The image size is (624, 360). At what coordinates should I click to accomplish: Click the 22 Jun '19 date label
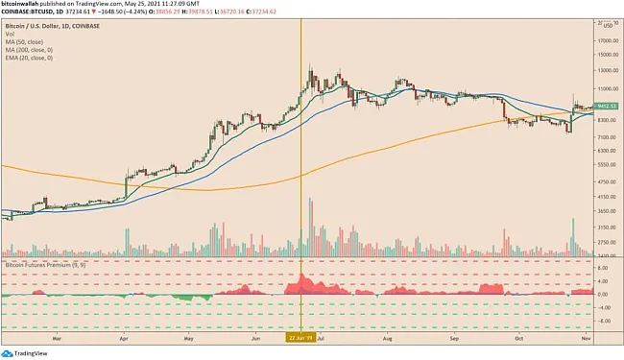click(301, 337)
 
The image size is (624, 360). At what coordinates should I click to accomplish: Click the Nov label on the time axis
click(586, 337)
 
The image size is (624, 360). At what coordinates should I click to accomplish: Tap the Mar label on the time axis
click(58, 337)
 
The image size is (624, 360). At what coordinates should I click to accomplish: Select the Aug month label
click(388, 337)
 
